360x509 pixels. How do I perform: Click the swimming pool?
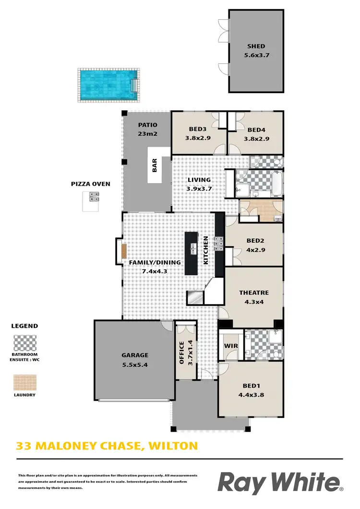[108, 85]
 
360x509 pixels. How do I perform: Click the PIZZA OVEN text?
[91, 183]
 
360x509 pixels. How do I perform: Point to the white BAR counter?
[155, 167]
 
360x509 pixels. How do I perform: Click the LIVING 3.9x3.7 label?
[199, 184]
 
